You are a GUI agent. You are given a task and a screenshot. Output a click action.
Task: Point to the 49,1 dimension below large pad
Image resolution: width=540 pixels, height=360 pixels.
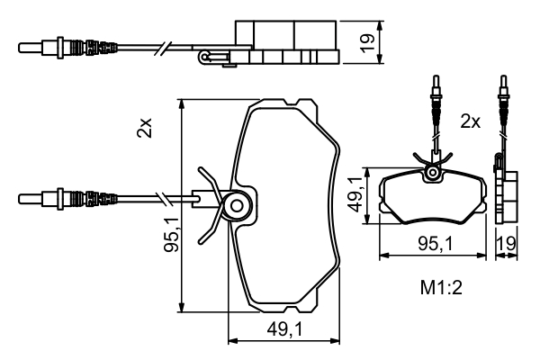tap(283, 330)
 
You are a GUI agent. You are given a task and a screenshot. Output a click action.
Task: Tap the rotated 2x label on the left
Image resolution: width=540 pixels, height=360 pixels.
tap(145, 128)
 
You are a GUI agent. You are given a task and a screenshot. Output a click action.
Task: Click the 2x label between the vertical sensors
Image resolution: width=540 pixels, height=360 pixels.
tap(470, 121)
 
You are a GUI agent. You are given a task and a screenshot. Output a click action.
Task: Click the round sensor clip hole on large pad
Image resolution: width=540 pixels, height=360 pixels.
tap(237, 205)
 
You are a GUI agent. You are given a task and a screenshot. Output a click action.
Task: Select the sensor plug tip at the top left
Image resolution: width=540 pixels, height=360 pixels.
tap(27, 44)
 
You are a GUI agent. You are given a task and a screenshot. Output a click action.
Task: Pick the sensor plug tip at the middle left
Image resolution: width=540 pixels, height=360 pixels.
tap(27, 197)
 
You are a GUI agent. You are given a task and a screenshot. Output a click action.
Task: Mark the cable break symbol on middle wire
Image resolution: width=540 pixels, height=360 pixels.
tap(162, 197)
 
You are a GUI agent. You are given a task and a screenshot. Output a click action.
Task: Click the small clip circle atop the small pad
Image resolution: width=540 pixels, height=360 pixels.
tap(435, 171)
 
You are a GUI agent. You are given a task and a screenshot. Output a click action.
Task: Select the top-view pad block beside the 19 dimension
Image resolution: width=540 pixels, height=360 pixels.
tap(287, 40)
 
